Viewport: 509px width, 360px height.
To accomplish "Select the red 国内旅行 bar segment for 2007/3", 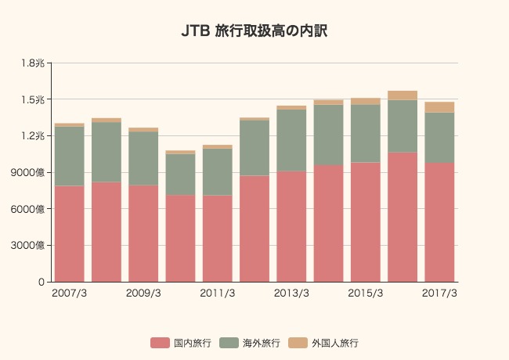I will coord(69,233).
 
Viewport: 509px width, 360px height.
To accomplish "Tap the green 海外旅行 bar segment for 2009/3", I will coord(143,158).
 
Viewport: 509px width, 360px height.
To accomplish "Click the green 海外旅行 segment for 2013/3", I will coord(291,140).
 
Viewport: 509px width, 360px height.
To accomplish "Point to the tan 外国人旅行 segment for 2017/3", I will coord(439,107).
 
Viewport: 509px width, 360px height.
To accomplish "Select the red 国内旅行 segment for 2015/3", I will coord(365,221).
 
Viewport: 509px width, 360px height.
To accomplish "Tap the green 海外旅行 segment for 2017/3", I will coord(439,138).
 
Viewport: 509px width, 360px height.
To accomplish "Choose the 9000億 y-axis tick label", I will coord(28,172).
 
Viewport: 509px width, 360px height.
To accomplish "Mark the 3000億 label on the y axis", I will coord(28,246).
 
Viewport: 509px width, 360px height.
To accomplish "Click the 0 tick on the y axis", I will coord(40,282).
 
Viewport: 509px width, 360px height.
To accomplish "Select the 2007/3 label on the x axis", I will coord(69,293).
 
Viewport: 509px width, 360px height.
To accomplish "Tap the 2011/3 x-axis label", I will coord(217,293).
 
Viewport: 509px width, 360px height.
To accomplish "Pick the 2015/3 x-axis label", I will coord(365,293).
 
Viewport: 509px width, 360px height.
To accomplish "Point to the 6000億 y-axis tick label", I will coord(28,209).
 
